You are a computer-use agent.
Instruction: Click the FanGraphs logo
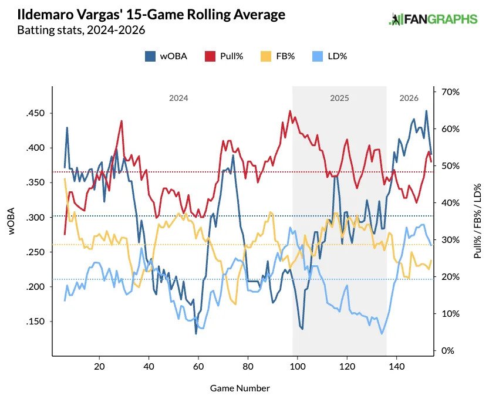coord(433,19)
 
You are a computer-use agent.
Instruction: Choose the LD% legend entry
coord(332,56)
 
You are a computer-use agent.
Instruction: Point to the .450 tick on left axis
coord(36,113)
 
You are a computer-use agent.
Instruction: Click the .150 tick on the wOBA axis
coord(36,322)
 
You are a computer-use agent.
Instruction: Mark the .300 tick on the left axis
coord(36,218)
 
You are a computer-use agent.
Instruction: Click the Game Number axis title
coord(240,388)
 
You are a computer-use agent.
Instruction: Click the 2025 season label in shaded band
coord(339,99)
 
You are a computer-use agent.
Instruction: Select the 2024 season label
coord(178,99)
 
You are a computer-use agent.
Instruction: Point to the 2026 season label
coord(409,99)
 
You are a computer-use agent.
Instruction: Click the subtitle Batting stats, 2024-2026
coord(81,29)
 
